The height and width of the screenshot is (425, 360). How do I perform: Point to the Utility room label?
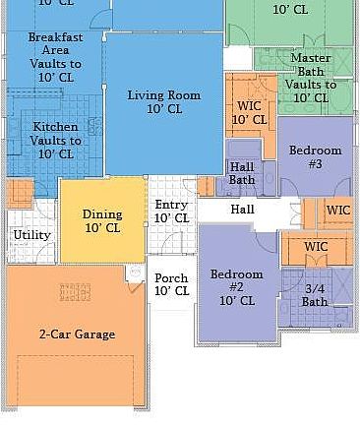tap(30, 235)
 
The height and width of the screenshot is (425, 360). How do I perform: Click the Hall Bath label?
tap(242, 173)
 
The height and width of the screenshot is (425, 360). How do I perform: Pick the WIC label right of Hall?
tap(338, 211)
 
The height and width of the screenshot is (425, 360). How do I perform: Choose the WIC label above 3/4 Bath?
tap(316, 247)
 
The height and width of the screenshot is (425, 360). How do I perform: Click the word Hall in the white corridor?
tap(243, 210)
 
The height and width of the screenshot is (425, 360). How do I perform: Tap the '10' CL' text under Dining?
tap(102, 228)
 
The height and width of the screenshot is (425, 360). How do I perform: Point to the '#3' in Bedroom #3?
tap(315, 164)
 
